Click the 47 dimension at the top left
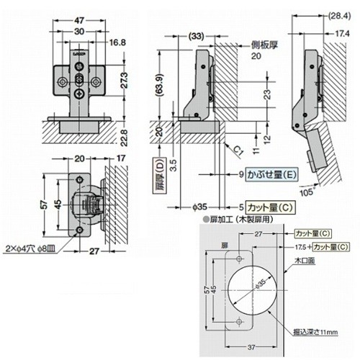point(78,21)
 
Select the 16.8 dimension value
point(117,42)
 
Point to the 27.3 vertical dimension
point(125,81)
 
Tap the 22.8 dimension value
point(125,138)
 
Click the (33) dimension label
point(196,37)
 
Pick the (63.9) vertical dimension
point(160,86)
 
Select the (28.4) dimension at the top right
point(339,16)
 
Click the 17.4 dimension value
point(342,34)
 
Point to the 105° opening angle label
point(307,192)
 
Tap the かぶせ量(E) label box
point(271,174)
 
